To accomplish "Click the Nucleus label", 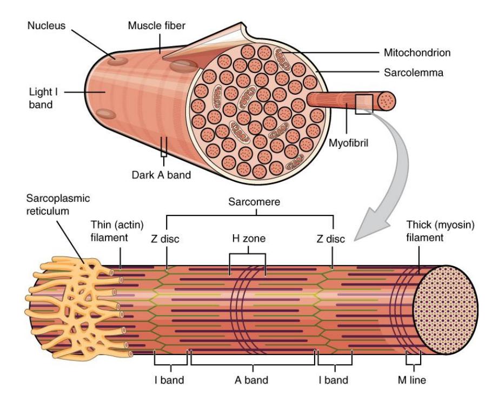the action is [47, 25].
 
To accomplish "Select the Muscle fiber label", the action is [157, 25].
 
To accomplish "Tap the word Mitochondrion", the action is [417, 52].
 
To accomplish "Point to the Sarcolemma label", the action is [414, 73].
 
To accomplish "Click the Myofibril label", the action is [348, 143].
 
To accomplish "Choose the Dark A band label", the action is [161, 175].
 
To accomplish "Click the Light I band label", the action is [43, 98].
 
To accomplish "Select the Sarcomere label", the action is [254, 202].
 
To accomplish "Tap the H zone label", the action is [249, 238].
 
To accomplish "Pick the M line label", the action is [411, 380].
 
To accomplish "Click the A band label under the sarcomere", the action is [251, 380].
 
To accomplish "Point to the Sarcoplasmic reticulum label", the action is [58, 205].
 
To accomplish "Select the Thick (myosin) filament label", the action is [441, 232].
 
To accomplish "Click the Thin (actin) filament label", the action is [117, 232].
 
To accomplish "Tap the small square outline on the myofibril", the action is [364, 104].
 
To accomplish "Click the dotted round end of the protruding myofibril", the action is [387, 101].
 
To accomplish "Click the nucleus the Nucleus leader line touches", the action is [117, 61].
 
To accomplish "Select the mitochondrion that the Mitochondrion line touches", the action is [282, 60].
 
